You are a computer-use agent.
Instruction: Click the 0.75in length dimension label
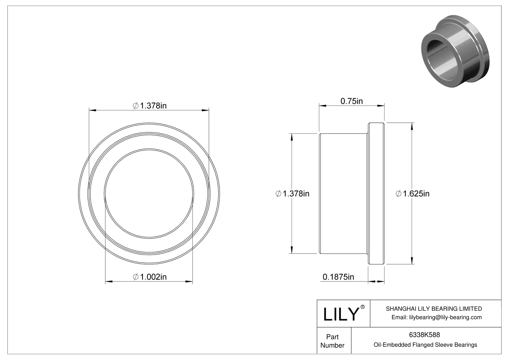[x=352, y=101]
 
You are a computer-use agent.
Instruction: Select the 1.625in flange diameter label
[x=416, y=194]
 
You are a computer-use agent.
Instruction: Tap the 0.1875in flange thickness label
[x=338, y=277]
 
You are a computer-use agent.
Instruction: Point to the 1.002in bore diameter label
[x=153, y=277]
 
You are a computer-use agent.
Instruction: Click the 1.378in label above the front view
[x=153, y=105]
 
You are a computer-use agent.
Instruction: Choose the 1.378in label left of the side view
[x=296, y=194]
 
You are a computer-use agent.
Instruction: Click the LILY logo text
[x=341, y=314]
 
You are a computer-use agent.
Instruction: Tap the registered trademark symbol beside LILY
[x=363, y=307]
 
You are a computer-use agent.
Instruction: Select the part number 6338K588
[x=424, y=335]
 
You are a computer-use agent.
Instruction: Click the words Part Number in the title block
[x=332, y=341]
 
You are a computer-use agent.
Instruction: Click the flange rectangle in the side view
[x=376, y=194]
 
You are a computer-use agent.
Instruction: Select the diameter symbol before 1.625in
[x=399, y=194]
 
